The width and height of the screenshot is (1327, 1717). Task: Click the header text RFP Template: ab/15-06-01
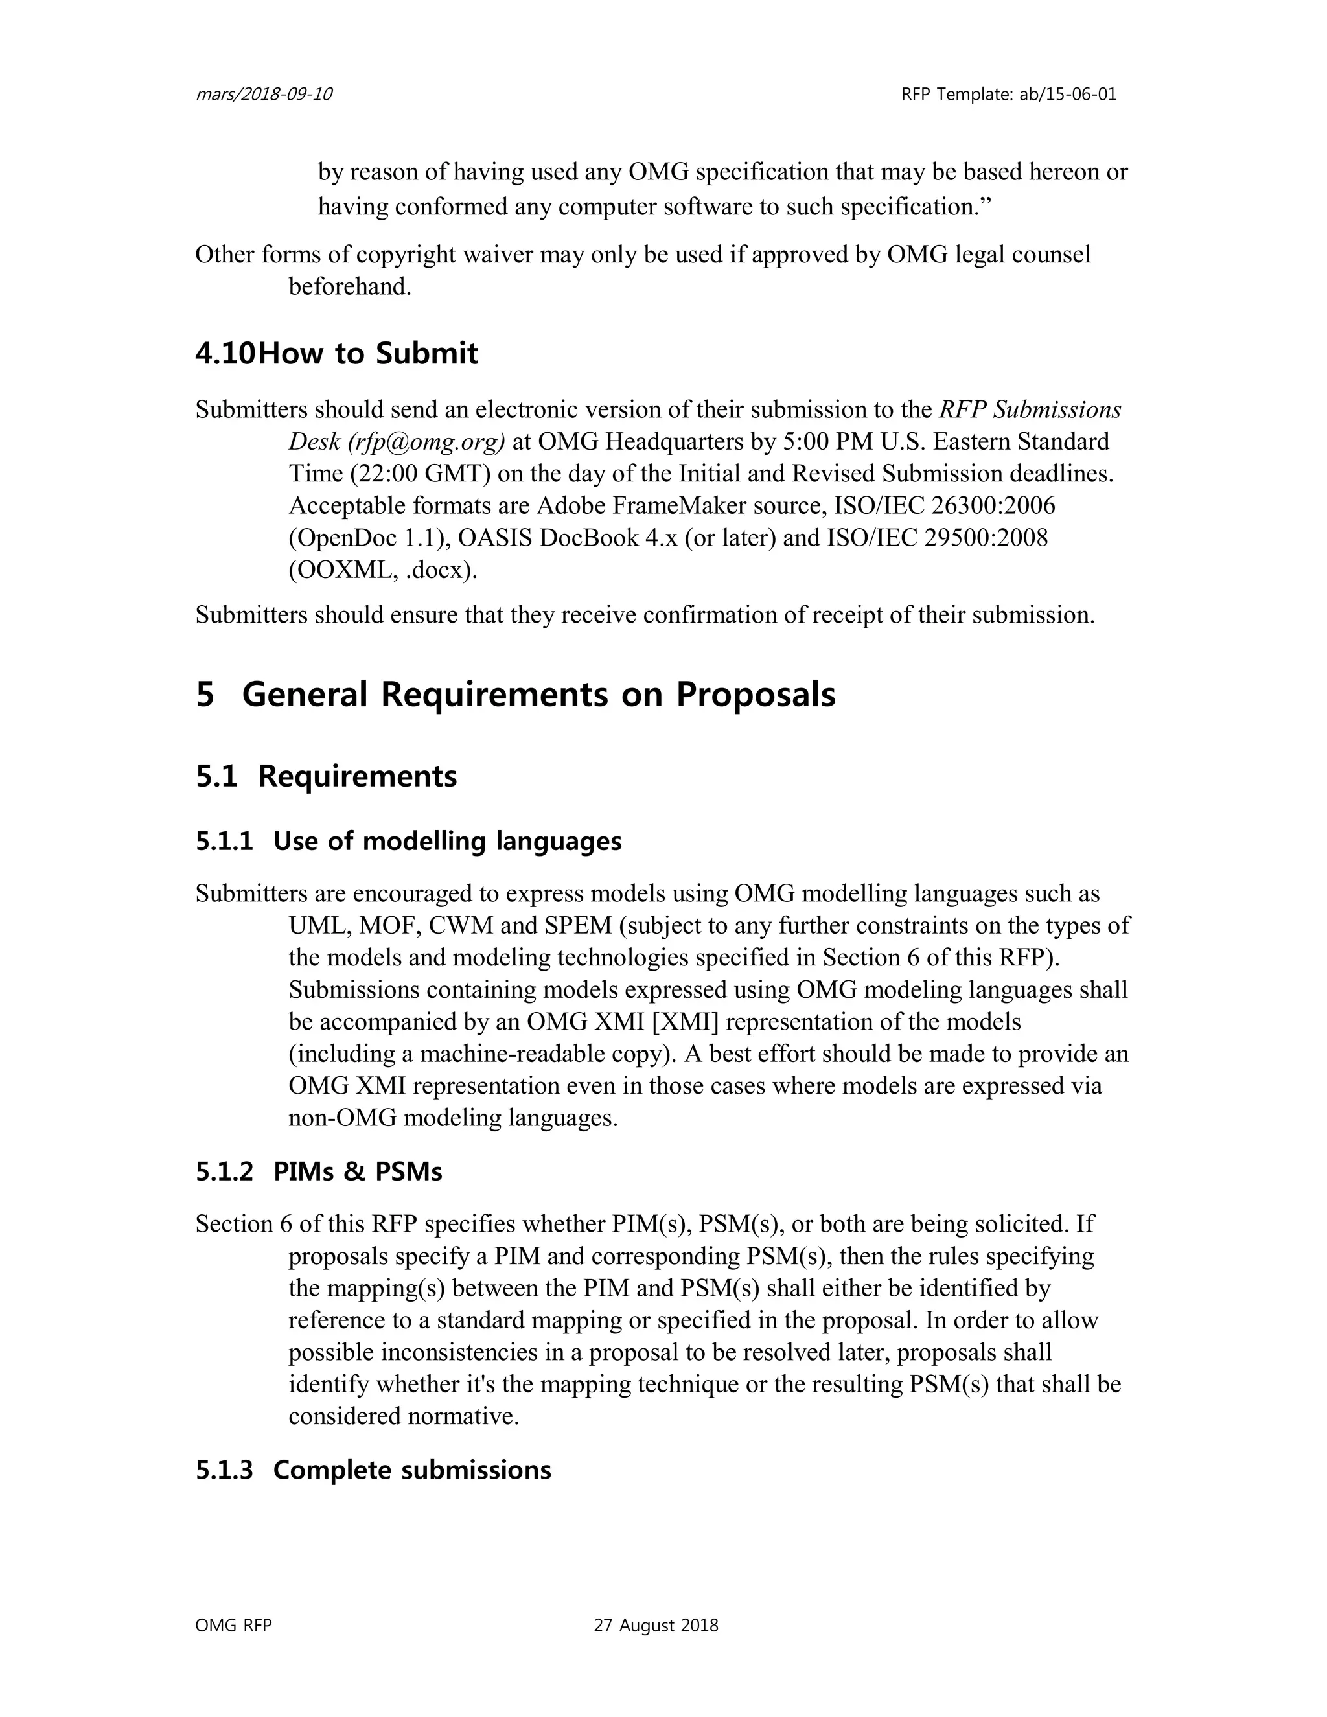point(1009,95)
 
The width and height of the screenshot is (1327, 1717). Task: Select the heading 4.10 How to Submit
point(336,354)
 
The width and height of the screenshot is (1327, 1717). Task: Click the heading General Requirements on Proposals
point(538,694)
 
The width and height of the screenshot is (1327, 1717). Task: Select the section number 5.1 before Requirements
point(216,777)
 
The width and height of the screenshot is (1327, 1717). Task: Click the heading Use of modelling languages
point(447,841)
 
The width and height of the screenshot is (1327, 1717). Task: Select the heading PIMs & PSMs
point(358,1171)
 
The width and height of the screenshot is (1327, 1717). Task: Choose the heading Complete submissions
point(412,1470)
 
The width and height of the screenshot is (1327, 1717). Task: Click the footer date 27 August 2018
point(656,1626)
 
